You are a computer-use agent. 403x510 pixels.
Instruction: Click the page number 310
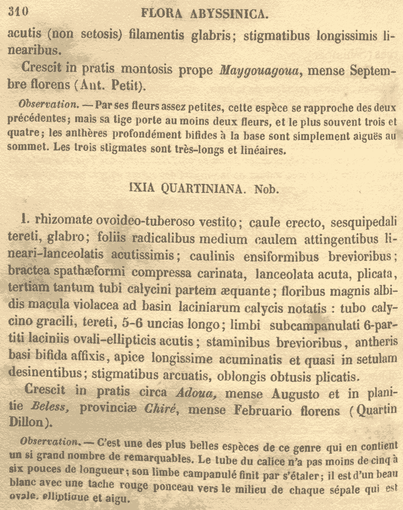point(18,12)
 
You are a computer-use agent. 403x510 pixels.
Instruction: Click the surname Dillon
point(27,422)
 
